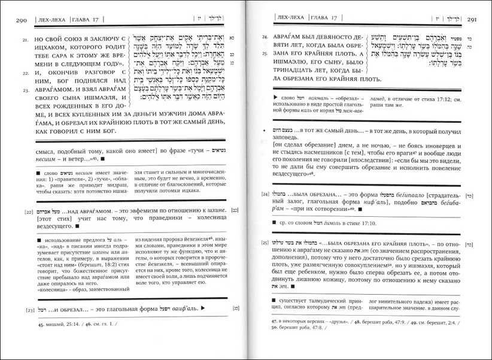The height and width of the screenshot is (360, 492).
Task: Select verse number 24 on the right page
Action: click(x=264, y=37)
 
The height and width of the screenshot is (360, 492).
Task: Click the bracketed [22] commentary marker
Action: click(x=28, y=211)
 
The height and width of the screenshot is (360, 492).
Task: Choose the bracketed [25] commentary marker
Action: click(x=265, y=243)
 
